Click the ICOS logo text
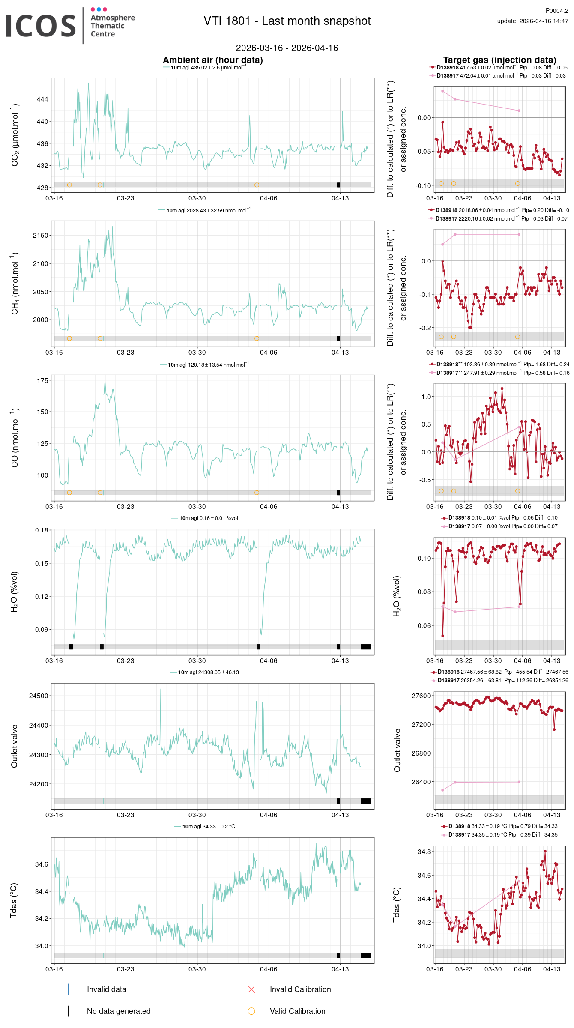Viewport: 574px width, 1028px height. click(41, 26)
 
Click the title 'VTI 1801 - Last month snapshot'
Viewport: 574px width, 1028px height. click(287, 21)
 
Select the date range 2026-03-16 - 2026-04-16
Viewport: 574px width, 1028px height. click(287, 48)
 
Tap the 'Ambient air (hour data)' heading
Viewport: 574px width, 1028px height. click(213, 60)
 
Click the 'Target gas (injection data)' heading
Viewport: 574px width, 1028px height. click(499, 60)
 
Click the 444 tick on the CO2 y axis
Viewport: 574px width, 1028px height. click(42, 99)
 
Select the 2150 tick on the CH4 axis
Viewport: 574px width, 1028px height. click(41, 236)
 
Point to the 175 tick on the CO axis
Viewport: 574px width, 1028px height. click(42, 380)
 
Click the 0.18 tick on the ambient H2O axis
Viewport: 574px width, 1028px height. click(42, 530)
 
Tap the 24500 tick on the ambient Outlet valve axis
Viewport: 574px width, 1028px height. click(39, 696)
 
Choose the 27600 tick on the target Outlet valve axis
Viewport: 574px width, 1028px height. click(421, 696)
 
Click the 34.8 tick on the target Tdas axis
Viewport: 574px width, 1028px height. click(424, 852)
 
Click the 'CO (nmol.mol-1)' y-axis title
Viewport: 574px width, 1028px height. click(15, 437)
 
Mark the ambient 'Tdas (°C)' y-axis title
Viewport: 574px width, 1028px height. click(14, 900)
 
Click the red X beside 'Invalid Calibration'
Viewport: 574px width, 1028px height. click(251, 989)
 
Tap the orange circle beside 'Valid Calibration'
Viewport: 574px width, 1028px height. click(251, 1011)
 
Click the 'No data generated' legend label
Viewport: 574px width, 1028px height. click(119, 1011)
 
